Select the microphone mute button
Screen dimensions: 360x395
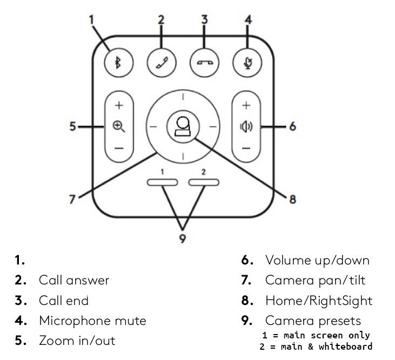point(248,61)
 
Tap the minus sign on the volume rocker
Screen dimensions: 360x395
point(246,147)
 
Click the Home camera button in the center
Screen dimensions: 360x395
point(183,127)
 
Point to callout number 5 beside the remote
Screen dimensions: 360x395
point(72,127)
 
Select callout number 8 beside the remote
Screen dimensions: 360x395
point(292,200)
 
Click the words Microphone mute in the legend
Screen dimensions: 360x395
point(92,320)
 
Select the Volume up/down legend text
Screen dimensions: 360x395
point(317,260)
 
